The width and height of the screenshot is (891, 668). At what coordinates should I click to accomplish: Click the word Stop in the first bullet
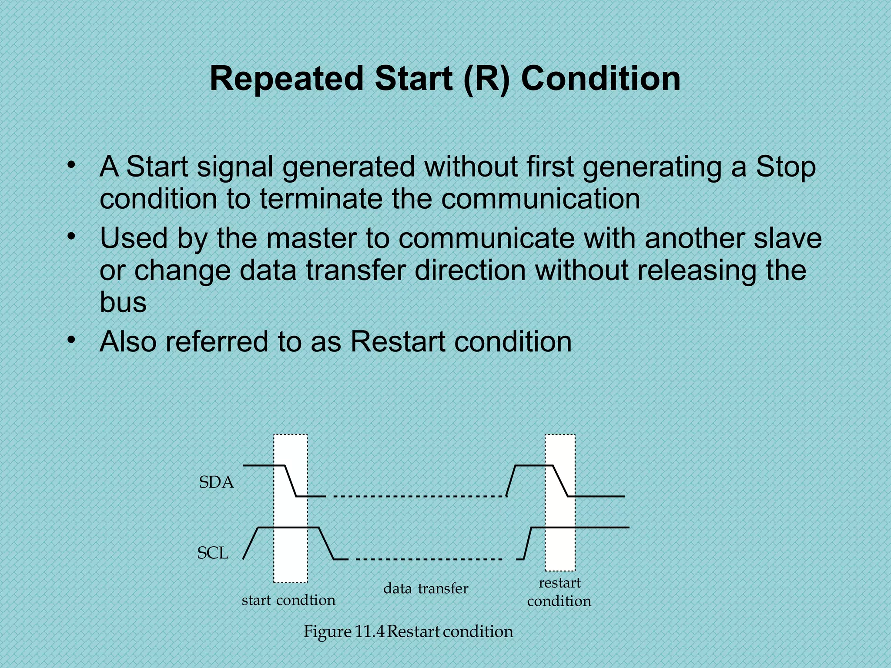(x=786, y=167)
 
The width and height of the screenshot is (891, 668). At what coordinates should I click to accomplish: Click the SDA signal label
(x=216, y=482)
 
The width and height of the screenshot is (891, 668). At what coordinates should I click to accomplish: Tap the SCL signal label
(x=213, y=553)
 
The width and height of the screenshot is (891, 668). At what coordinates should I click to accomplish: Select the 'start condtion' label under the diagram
(x=288, y=600)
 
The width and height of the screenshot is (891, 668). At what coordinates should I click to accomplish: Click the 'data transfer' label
(x=425, y=588)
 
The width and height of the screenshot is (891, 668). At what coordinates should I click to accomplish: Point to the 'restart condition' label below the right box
(x=559, y=592)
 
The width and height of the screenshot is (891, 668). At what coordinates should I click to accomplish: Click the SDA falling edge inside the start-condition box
(x=291, y=481)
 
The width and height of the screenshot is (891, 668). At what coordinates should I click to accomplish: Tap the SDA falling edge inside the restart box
(x=560, y=481)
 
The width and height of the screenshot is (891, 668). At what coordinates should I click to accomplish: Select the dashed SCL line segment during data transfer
(x=429, y=559)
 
